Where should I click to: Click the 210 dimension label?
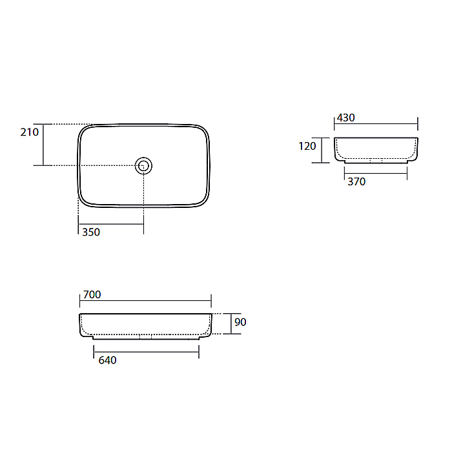[x=30, y=132]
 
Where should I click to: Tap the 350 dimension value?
[x=91, y=232]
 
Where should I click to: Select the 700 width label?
[x=92, y=294]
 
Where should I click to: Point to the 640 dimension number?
[x=108, y=360]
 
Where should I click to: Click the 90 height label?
[x=240, y=322]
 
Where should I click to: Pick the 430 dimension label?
[x=346, y=118]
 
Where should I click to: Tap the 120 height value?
[x=307, y=146]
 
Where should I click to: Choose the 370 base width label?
[x=356, y=181]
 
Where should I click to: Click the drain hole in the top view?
[x=143, y=166]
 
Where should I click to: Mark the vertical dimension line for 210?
[x=43, y=145]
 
